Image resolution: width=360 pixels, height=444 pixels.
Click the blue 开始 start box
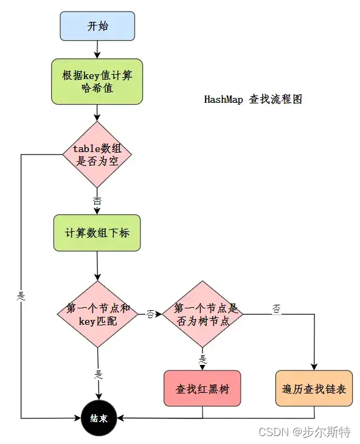[x=97, y=26]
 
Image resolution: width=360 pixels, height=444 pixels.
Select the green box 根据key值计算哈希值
[x=97, y=82]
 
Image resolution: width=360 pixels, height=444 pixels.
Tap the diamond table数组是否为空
[x=97, y=154]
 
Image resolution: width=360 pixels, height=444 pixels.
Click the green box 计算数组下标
[x=97, y=233]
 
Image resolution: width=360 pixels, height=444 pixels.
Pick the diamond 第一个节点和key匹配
[x=97, y=314]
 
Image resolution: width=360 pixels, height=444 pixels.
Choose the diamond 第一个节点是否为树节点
[x=202, y=314]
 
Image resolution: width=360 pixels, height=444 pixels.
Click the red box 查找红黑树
[x=202, y=389]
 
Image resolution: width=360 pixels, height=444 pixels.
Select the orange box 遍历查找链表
[x=314, y=389]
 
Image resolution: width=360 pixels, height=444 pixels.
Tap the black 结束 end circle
[x=97, y=418]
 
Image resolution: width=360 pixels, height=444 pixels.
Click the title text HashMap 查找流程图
[x=253, y=100]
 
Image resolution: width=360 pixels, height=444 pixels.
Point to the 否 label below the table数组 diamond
[x=97, y=200]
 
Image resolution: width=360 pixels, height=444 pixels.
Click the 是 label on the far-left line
[x=21, y=296]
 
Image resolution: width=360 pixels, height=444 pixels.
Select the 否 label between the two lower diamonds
[x=150, y=314]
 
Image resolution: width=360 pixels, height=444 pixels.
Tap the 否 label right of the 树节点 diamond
[x=277, y=309]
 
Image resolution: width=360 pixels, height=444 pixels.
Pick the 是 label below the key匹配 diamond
[x=97, y=375]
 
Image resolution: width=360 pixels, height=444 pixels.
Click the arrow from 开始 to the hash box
[x=97, y=49]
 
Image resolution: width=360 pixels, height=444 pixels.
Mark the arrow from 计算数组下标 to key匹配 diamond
[x=97, y=266]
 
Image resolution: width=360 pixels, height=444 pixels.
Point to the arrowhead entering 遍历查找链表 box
[x=314, y=367]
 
